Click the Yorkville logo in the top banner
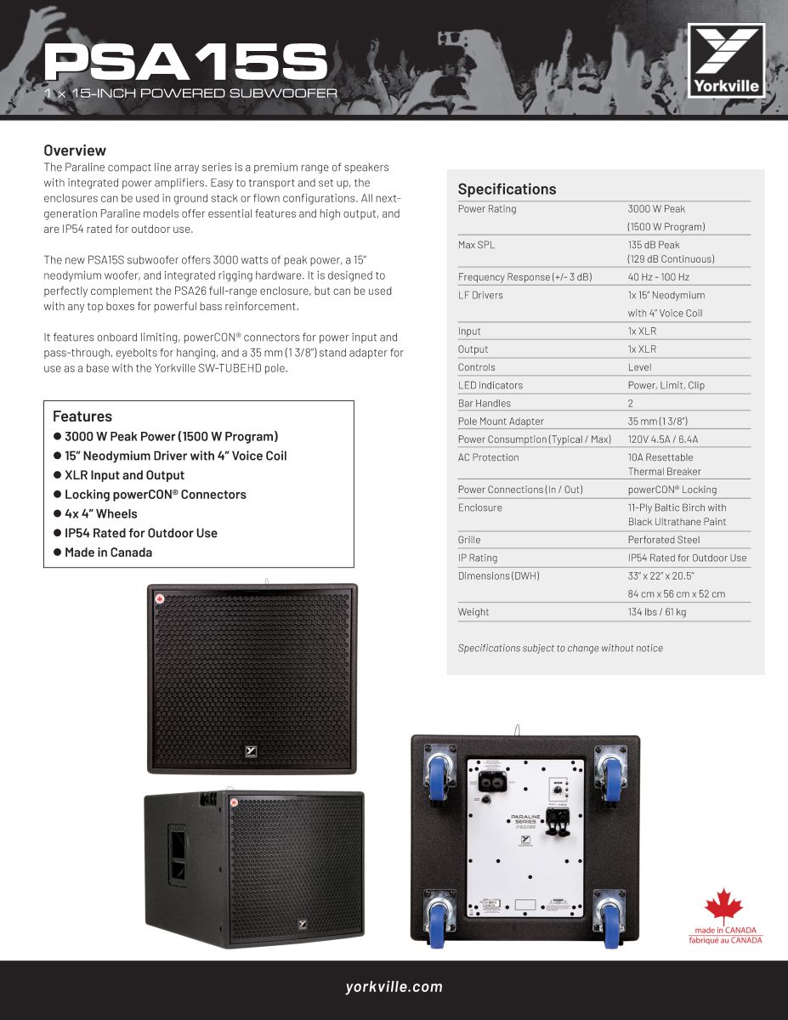[726, 60]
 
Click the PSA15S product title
[185, 63]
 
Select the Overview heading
[75, 150]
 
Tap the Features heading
[82, 416]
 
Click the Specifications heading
[507, 189]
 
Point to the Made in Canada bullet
[108, 552]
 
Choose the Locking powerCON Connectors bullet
[155, 495]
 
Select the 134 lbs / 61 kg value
[656, 612]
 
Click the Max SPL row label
[476, 245]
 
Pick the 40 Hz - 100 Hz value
[658, 277]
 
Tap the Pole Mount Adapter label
[501, 422]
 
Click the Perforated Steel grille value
[664, 540]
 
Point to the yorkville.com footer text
[394, 987]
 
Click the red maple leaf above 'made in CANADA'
[724, 906]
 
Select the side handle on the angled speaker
[178, 853]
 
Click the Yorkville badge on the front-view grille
[251, 751]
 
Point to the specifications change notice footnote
[560, 648]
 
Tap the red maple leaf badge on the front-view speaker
[158, 598]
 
